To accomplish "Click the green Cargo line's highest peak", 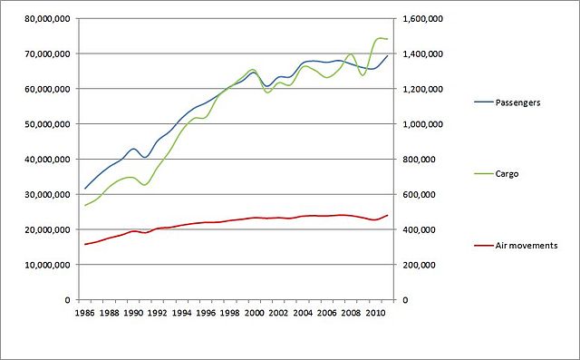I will (379, 38).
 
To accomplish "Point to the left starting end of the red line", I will (85, 244).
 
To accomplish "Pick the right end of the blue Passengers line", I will (387, 56).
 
